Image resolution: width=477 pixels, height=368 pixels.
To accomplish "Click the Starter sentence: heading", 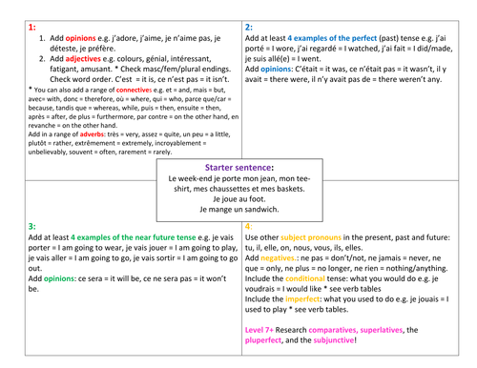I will pos(238,167).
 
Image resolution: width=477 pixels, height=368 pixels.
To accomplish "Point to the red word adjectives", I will pos(82,58).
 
